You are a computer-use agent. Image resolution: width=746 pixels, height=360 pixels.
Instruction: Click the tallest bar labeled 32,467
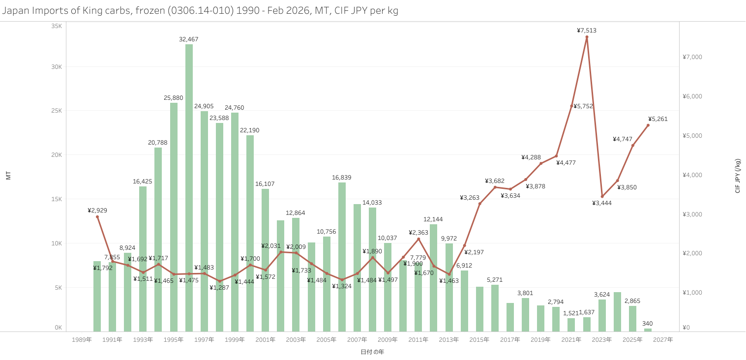tap(189, 187)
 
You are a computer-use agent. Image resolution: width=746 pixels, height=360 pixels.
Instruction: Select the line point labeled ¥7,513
tap(587, 37)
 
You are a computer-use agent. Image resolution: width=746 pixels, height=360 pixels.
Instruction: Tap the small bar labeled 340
tap(648, 330)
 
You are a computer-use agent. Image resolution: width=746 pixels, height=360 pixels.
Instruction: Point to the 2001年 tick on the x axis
tap(266, 339)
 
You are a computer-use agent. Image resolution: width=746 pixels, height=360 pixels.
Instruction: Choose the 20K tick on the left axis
tap(57, 155)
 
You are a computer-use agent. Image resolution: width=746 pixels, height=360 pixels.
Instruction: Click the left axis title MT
tap(8, 176)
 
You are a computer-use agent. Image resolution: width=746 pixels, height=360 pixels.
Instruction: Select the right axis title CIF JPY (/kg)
tap(738, 176)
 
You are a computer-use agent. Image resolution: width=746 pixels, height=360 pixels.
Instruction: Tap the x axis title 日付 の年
tap(372, 352)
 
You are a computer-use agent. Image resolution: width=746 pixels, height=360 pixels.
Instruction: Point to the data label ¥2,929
tap(97, 210)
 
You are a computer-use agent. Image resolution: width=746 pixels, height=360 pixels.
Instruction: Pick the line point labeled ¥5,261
tap(648, 125)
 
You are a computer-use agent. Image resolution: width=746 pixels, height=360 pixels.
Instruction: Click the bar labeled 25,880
tap(174, 216)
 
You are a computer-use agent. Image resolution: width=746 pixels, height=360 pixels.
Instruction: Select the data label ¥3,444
tap(602, 203)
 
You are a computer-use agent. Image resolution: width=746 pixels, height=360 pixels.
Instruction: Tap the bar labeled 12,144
tap(434, 278)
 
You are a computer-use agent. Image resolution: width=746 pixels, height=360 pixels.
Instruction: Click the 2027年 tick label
tap(663, 339)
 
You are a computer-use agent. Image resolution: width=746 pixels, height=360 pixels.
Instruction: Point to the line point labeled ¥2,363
tap(418, 239)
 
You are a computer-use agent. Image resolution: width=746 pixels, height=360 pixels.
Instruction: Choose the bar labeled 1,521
tap(571, 325)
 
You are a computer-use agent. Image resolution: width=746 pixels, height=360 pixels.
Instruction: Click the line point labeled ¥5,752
tap(571, 106)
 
